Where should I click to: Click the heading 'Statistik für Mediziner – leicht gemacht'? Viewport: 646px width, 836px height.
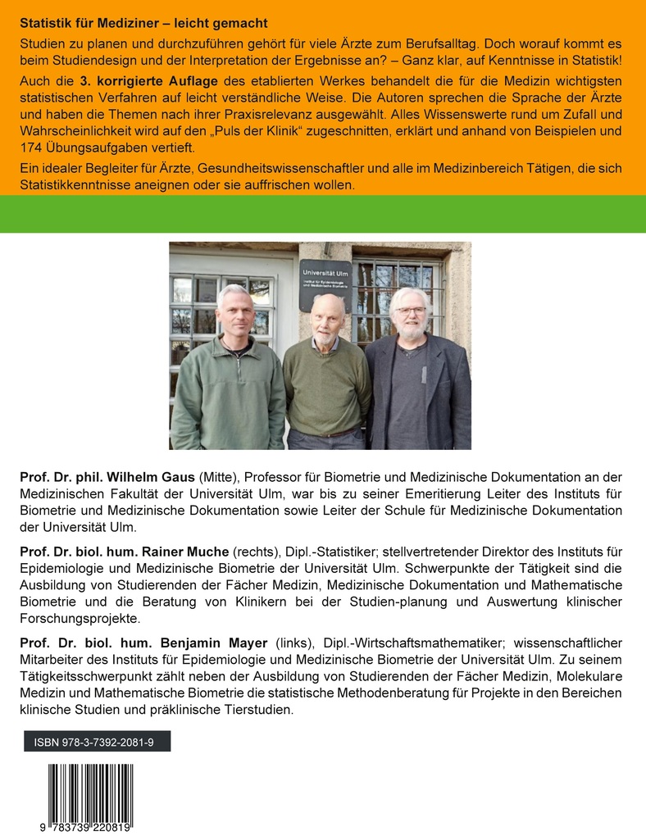(143, 23)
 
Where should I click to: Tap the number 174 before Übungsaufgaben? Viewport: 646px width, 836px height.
(30, 148)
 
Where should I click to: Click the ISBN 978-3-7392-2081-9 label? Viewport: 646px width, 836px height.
(96, 742)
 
